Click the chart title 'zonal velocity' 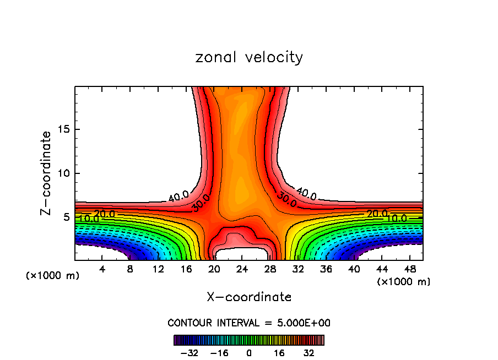pos(249,57)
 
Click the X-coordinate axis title pos(249,297)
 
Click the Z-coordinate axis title pos(46,173)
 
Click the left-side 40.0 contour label pos(178,195)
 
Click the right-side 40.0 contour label pos(306,194)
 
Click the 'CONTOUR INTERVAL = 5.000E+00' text pos(249,323)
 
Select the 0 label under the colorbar pos(249,353)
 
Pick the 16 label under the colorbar pos(279,353)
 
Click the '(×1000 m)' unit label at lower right pos(404,282)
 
